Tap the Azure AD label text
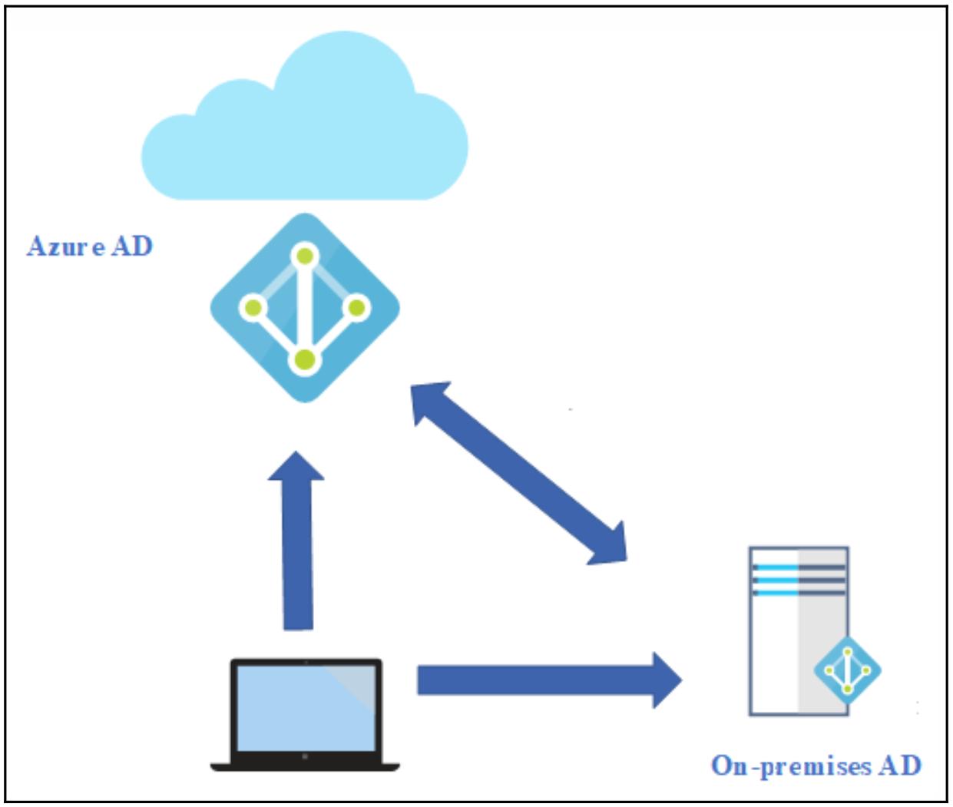tap(90, 246)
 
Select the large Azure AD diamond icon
tap(305, 308)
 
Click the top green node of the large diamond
tap(305, 255)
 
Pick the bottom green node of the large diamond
tap(305, 359)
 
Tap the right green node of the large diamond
tap(357, 309)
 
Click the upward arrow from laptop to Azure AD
tap(297, 545)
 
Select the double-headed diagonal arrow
tap(519, 473)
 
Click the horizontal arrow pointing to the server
tap(538, 680)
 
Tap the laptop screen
tap(305, 707)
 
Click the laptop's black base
tap(305, 765)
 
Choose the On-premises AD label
tap(816, 766)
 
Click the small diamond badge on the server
tap(847, 670)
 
